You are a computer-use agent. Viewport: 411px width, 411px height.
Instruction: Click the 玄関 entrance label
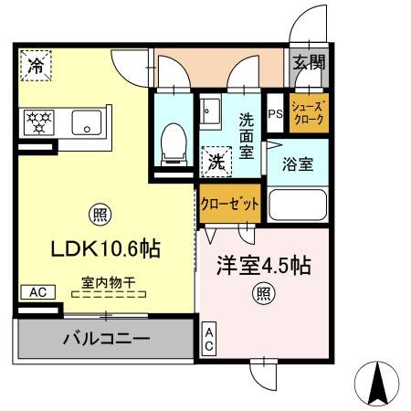coord(308,63)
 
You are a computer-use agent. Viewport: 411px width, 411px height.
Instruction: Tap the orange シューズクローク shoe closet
coord(306,113)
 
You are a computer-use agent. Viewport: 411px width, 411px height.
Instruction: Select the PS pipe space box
coord(275,114)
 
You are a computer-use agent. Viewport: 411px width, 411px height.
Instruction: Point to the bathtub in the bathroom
coord(297,207)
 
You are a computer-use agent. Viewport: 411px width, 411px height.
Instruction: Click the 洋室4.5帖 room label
coord(263,266)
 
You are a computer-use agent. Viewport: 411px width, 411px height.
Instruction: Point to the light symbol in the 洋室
coord(264,294)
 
